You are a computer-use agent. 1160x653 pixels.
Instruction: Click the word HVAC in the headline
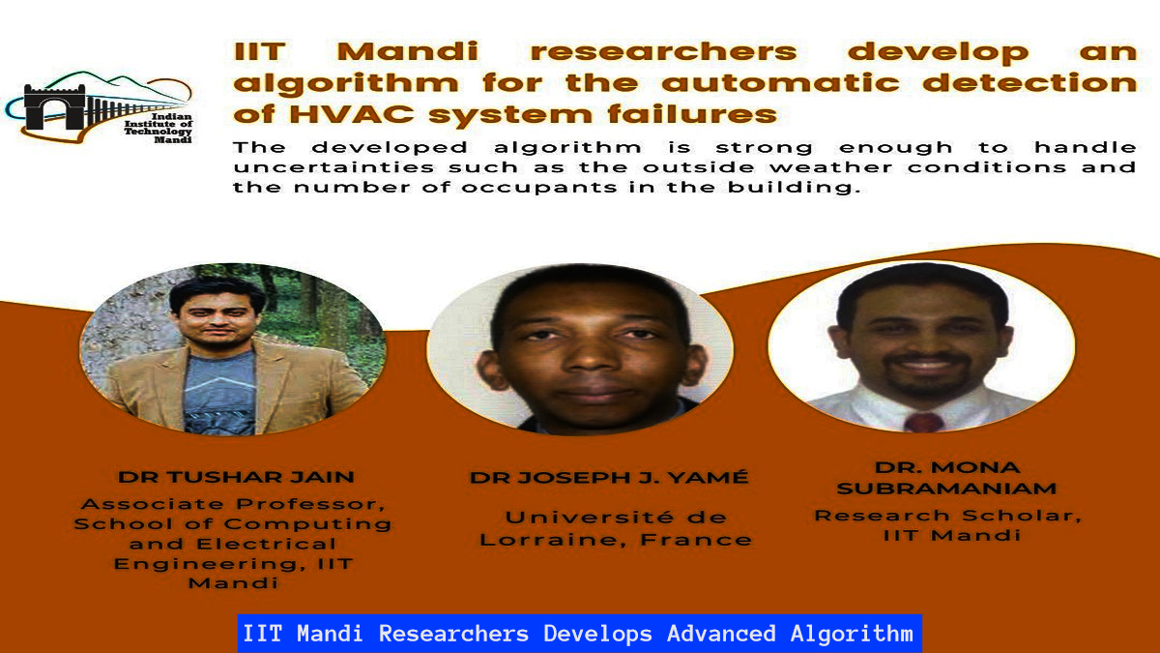click(352, 114)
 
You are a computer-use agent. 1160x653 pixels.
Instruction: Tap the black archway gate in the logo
click(54, 107)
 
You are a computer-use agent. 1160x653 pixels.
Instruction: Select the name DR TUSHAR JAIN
click(236, 477)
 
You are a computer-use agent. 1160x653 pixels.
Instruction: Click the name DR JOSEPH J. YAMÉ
click(609, 477)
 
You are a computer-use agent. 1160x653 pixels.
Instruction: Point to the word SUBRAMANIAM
click(946, 489)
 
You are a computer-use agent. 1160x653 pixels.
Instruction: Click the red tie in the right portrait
click(923, 423)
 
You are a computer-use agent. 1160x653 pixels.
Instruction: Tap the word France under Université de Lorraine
click(697, 540)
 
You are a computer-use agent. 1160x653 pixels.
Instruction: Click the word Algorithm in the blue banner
click(852, 634)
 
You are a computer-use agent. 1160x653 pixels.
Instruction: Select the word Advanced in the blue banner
click(721, 634)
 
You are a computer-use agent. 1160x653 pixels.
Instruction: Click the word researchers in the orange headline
click(664, 52)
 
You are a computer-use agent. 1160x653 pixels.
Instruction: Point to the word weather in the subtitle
click(830, 167)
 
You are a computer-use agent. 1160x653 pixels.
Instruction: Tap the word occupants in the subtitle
click(539, 188)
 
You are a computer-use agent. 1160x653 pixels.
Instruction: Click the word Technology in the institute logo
click(158, 132)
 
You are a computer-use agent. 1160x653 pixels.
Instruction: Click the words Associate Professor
click(234, 504)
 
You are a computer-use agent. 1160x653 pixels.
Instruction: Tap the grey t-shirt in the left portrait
click(219, 392)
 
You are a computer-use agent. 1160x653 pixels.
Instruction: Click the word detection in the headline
click(1029, 83)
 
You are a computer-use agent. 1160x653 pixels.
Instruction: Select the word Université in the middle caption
click(590, 517)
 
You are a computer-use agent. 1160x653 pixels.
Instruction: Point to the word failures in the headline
click(692, 114)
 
